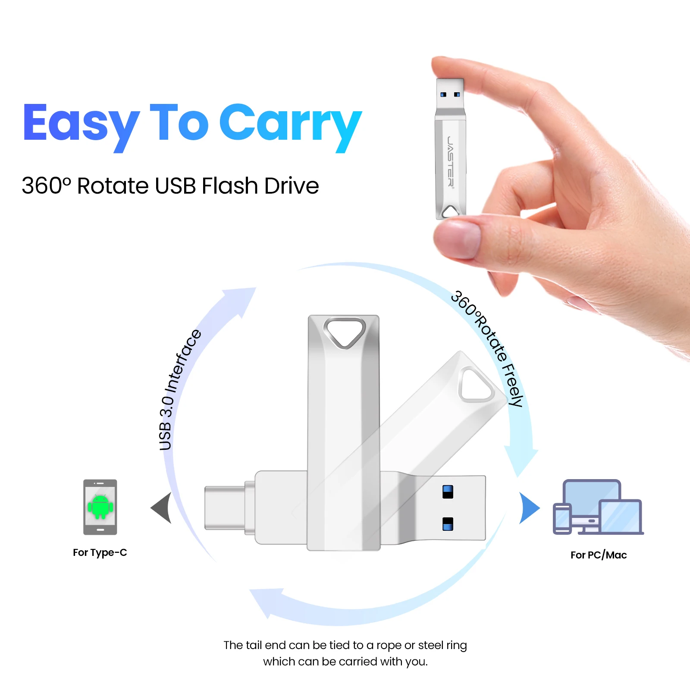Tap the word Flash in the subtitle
click(229, 186)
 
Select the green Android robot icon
click(100, 507)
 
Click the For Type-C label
click(100, 552)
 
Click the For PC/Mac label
click(598, 555)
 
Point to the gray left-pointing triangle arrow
click(162, 508)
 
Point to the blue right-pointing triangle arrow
click(529, 508)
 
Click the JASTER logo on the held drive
click(450, 161)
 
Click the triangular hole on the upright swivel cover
click(345, 332)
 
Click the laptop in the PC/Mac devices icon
click(621, 517)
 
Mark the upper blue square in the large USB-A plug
click(448, 492)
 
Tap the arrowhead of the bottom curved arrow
click(265, 602)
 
